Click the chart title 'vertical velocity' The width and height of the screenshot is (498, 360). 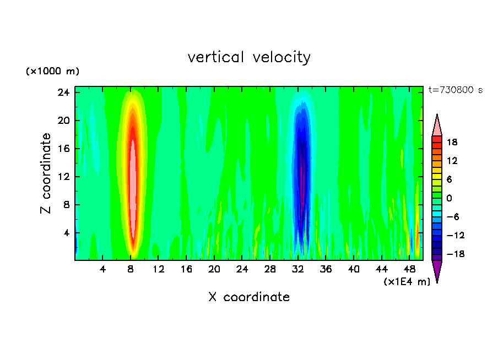[x=249, y=57]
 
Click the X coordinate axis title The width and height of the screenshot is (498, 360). [x=249, y=297]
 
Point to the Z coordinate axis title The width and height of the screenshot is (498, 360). [x=46, y=173]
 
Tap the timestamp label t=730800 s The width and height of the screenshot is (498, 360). [x=455, y=90]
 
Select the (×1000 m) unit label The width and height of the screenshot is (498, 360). [x=52, y=72]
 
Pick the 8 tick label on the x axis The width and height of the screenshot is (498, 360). [x=131, y=270]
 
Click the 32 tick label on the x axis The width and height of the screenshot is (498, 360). [x=298, y=270]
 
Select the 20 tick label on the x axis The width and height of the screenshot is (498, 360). [x=214, y=270]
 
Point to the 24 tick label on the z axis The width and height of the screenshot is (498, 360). [x=63, y=92]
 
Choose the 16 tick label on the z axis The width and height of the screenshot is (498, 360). [x=63, y=149]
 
